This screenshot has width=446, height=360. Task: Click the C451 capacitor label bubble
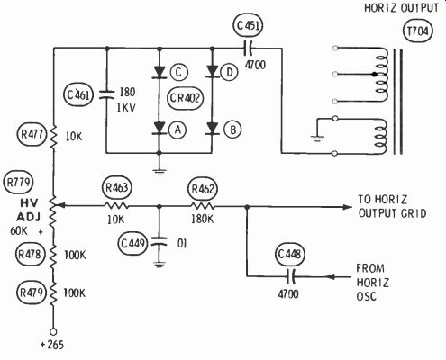pos(248,26)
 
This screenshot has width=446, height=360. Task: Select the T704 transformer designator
pos(417,31)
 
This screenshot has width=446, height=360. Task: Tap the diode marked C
pos(159,72)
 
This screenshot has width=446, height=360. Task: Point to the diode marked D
pos(213,72)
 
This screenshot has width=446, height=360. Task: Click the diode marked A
pos(159,129)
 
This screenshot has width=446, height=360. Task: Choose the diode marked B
pos(213,129)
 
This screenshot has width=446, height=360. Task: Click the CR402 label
pos(185,98)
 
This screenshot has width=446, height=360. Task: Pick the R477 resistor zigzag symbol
pos(53,137)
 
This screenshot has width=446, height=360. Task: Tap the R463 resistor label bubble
pos(117,187)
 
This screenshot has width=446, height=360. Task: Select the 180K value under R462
pos(203,220)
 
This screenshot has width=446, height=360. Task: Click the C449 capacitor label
pos(132,243)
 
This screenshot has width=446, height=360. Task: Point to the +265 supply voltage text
pos(52,345)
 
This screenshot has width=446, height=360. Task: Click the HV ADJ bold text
pos(29,210)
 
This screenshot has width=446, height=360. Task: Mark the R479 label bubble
pos(32,292)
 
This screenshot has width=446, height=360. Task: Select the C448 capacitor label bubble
pos(289,255)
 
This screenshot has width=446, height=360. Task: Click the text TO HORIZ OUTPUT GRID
pos(392,206)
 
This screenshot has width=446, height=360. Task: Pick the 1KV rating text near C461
pos(126,108)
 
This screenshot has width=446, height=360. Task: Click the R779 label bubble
pos(18,182)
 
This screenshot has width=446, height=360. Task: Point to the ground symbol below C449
pos(159,265)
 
